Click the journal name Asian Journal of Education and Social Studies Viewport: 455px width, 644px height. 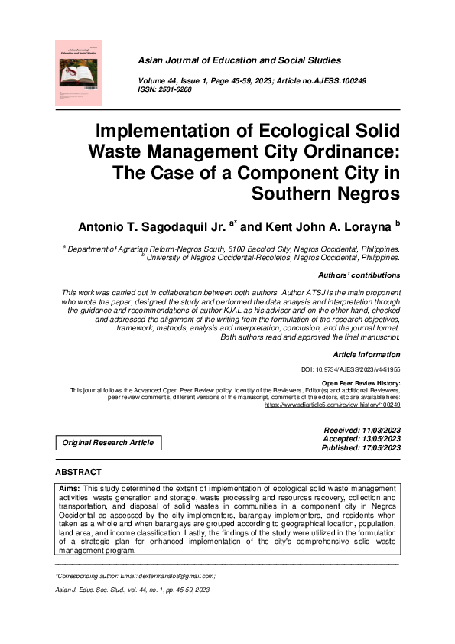242,60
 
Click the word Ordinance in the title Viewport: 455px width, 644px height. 346,151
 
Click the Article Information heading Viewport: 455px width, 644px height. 366,355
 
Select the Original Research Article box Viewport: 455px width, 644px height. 108,443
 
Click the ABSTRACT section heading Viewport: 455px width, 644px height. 78,473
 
